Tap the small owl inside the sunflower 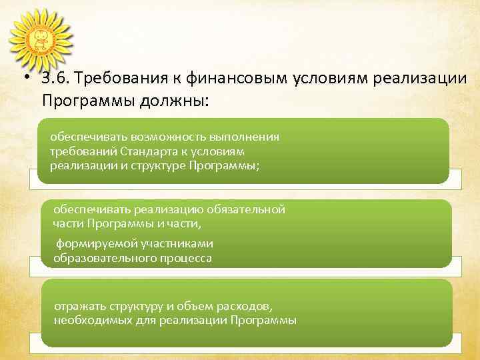[x=40, y=39]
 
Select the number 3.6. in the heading [x=55, y=78]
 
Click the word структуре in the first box [x=159, y=166]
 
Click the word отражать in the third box [x=79, y=306]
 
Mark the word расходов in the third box [x=249, y=306]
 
